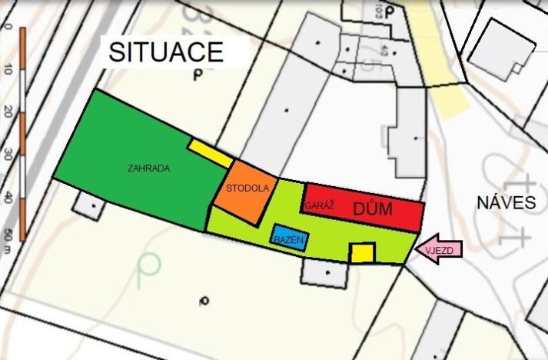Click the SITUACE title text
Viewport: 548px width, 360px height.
165,52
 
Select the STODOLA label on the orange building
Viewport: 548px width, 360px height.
247,188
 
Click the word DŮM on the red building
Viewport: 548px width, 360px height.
373,208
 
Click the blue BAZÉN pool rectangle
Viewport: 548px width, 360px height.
289,240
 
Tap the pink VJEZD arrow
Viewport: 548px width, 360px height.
440,249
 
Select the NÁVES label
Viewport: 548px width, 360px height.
505,204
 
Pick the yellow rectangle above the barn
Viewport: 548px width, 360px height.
210,153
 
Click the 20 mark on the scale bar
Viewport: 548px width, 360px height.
8,112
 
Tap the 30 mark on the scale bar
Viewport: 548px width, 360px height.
8,154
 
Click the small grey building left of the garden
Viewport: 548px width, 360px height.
90,205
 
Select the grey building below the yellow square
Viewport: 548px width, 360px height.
326,271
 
